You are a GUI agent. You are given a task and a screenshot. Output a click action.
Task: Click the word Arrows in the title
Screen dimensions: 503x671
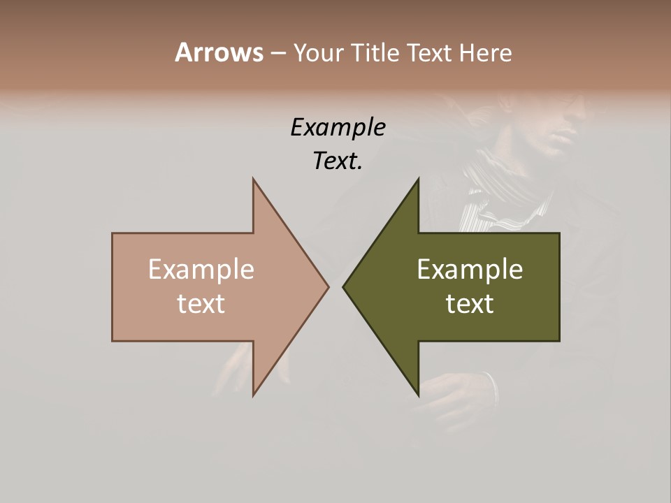tap(218, 52)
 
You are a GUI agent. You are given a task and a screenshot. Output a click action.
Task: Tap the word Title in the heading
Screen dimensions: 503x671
tap(375, 52)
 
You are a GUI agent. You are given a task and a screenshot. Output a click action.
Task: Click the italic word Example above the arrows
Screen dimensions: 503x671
tap(338, 128)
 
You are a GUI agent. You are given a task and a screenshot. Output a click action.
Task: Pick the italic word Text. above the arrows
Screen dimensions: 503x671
tap(338, 161)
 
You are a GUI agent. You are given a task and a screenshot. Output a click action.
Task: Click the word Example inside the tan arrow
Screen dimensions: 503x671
tap(201, 270)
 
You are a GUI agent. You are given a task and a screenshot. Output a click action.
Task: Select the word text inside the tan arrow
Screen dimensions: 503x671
tap(201, 304)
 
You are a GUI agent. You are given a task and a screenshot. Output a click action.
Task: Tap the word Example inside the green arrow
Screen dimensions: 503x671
tap(470, 270)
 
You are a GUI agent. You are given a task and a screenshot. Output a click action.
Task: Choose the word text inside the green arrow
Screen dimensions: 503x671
tap(470, 304)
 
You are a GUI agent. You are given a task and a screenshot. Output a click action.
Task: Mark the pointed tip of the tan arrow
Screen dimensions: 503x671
tap(328, 286)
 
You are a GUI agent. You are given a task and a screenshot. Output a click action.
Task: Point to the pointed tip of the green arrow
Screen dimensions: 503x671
tap(343, 286)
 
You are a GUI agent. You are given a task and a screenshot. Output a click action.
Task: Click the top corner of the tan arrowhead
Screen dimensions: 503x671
tap(254, 179)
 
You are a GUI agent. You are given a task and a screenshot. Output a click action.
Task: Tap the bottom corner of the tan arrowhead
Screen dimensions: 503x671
tap(254, 395)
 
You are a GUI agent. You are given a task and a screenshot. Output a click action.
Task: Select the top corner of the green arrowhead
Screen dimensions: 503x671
tap(418, 179)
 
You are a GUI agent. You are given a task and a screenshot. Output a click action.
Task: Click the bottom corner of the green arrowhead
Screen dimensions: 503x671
tap(418, 395)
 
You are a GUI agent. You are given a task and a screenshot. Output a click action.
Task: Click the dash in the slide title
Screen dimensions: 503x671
tap(277, 54)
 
